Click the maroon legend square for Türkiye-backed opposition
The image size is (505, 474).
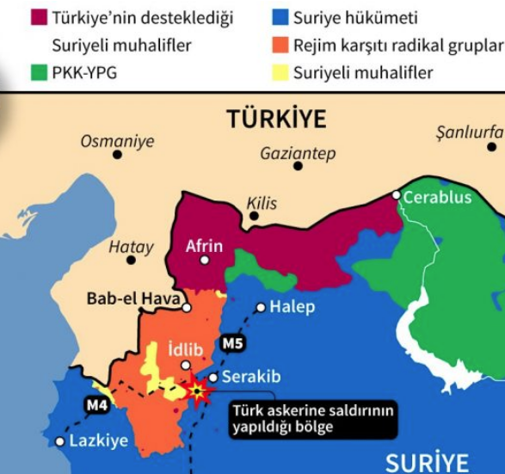[39, 17]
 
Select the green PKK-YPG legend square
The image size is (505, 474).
[39, 72]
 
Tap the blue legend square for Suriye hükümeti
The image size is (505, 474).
[279, 17]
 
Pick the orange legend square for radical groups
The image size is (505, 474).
[279, 45]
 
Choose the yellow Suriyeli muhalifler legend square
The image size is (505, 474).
[279, 72]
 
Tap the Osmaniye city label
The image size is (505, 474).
[117, 140]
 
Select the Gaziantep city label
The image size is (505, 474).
[298, 154]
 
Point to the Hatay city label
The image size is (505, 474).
[131, 248]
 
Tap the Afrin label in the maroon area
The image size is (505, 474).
[204, 247]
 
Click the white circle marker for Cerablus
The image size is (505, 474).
[397, 196]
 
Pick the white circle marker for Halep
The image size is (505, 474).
[260, 307]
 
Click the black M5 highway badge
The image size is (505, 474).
[232, 345]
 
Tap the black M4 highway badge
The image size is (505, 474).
[97, 404]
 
